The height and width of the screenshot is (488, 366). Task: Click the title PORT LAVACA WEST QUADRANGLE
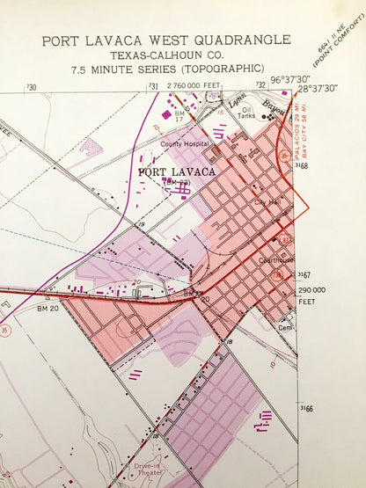pos(165,40)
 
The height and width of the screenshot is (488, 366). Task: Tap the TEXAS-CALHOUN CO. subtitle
pos(165,55)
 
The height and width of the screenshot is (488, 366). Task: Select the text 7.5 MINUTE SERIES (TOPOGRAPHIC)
pos(165,69)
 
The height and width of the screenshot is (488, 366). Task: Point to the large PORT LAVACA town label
pos(177,171)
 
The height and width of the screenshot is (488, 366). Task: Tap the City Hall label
pos(266,202)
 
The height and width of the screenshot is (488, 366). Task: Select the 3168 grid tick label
pos(304,164)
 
